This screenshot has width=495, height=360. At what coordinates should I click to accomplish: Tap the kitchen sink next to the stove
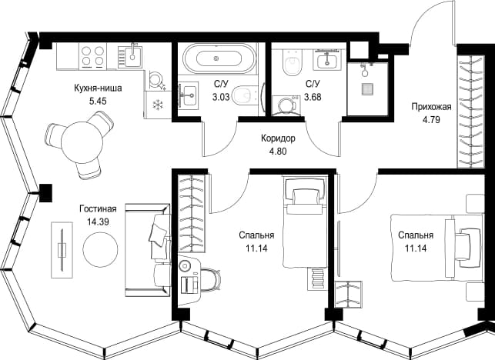(x=130, y=56)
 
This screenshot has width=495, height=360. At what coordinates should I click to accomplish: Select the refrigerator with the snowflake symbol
(x=158, y=105)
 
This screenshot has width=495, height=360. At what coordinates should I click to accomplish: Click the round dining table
(x=82, y=143)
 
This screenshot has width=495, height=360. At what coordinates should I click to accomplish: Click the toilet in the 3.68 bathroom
(x=293, y=62)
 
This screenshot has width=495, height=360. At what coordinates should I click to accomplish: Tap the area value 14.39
(x=99, y=222)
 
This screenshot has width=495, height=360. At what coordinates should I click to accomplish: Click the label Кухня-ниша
(x=98, y=88)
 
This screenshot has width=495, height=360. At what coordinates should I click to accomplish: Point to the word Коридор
(x=278, y=138)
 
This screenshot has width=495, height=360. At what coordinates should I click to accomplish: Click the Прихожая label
(x=431, y=107)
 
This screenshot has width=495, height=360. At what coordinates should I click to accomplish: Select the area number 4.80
(x=278, y=152)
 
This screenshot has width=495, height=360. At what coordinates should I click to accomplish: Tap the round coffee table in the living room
(x=100, y=248)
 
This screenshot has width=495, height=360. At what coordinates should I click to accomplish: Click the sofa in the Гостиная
(x=148, y=250)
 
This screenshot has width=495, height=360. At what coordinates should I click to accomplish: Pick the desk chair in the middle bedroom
(x=211, y=279)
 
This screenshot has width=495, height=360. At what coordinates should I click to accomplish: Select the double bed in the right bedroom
(x=437, y=248)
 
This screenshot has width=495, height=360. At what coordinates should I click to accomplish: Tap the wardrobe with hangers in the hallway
(x=470, y=111)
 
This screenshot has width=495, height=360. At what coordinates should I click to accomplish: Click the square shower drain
(x=367, y=89)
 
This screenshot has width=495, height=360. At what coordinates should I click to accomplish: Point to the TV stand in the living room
(x=62, y=250)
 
